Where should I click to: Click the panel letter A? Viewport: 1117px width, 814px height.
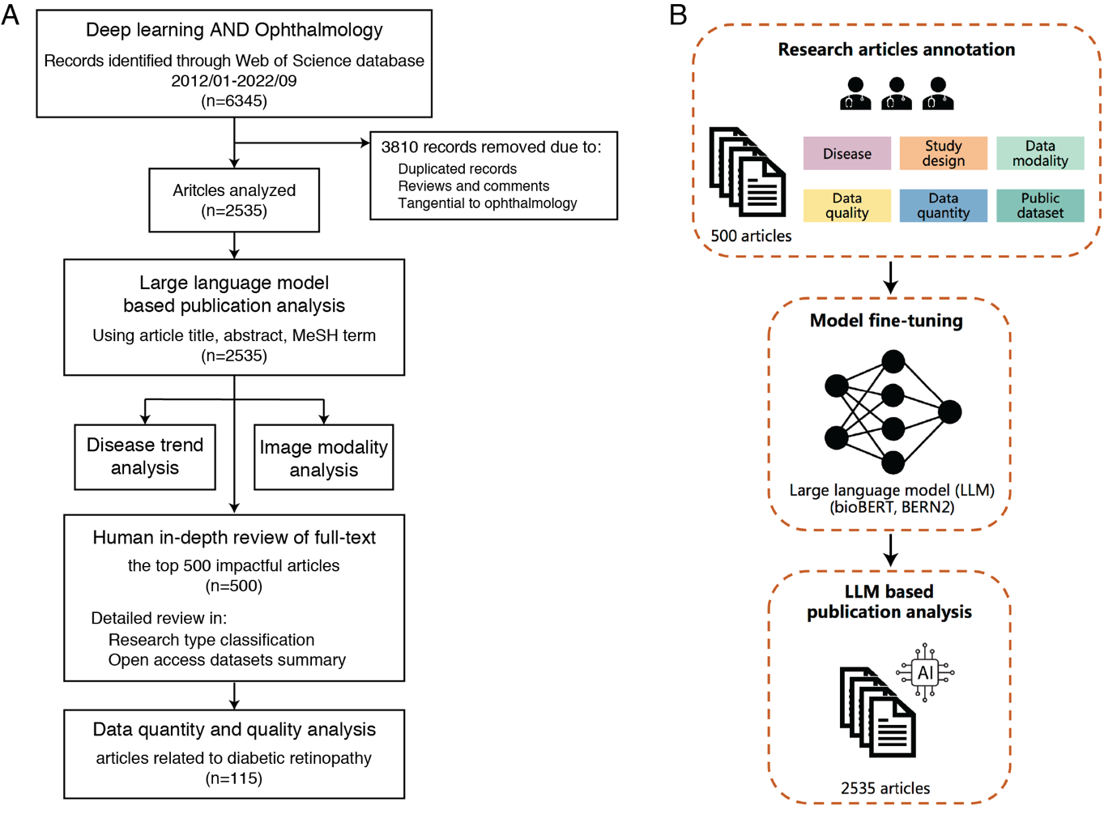(11, 15)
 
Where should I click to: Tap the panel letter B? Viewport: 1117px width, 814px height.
(678, 15)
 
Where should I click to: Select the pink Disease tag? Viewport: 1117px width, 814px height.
(846, 154)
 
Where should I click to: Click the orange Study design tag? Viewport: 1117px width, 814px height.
(943, 154)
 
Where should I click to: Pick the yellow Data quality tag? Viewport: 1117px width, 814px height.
(846, 206)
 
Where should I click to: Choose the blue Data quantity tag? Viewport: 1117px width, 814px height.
(943, 206)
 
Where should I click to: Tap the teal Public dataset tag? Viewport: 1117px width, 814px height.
(1040, 206)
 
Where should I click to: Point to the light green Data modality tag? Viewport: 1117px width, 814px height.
(1040, 154)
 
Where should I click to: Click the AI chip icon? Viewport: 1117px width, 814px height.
(925, 672)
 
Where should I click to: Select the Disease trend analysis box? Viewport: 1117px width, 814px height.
(145, 457)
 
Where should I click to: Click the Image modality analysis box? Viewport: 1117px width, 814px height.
(323, 458)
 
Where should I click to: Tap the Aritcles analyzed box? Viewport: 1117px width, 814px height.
(234, 200)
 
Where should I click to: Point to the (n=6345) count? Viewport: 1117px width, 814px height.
(234, 101)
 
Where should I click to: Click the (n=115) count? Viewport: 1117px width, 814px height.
(234, 778)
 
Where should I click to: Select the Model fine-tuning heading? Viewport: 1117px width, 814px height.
(886, 321)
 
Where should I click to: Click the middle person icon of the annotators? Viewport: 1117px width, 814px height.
(896, 93)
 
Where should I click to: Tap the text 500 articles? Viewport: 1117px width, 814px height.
(751, 236)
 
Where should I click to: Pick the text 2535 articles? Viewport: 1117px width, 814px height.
(885, 788)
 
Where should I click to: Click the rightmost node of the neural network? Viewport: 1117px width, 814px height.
(949, 411)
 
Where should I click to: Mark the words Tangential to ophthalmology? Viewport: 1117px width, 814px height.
(487, 203)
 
